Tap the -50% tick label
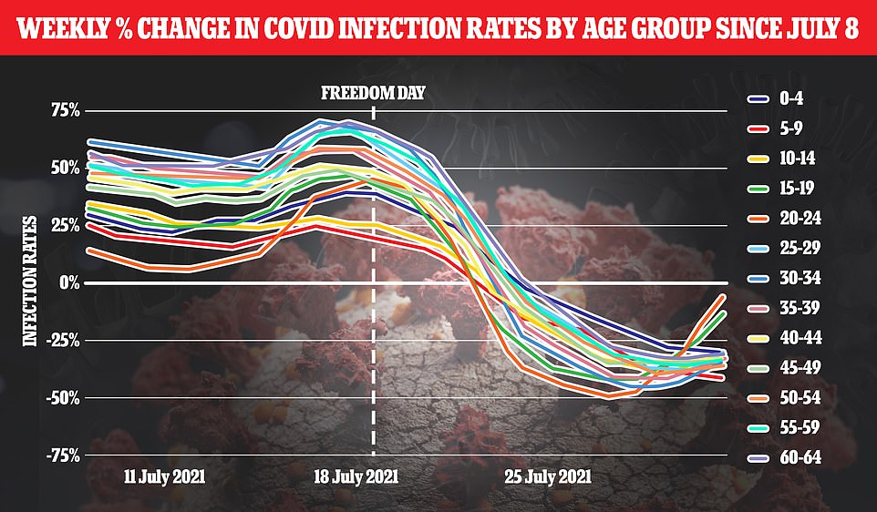64,397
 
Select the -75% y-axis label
64,455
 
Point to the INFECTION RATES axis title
29,281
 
